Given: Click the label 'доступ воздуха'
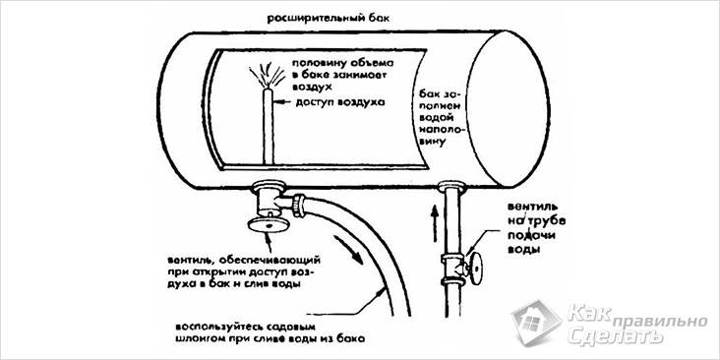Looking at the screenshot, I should [331, 101].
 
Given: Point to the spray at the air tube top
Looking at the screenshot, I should [266, 73].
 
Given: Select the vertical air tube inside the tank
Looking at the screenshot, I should [267, 123].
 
